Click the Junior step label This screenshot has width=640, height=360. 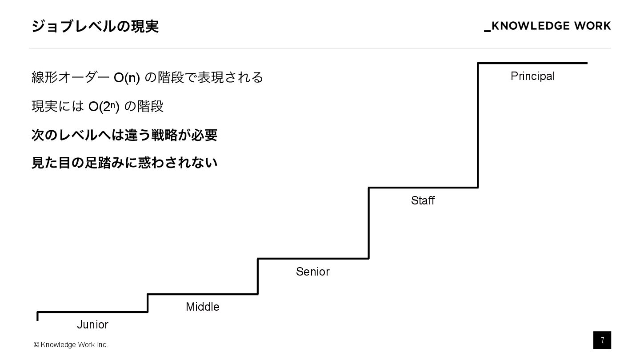point(92,325)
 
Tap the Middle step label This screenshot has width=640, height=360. point(203,307)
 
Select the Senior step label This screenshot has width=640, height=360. point(313,272)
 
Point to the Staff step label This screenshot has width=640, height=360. point(423,201)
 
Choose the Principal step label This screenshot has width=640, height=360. point(532,76)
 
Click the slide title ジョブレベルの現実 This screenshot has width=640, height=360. point(95,27)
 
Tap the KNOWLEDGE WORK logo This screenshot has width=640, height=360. point(548,26)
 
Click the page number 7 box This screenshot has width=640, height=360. point(602,340)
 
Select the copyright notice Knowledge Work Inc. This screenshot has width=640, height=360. point(71,345)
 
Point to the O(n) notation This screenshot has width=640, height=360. point(127,78)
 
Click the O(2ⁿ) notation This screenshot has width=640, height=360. point(104,107)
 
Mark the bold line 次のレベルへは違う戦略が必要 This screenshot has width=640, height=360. point(124,135)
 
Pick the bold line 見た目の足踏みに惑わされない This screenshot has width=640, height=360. point(124,163)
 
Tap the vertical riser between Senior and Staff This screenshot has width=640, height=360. point(368,223)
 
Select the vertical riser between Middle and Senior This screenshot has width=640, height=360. point(258,276)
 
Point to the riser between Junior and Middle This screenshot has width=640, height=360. point(148,303)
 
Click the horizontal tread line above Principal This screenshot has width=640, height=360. point(532,63)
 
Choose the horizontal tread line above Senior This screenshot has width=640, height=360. point(313,258)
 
